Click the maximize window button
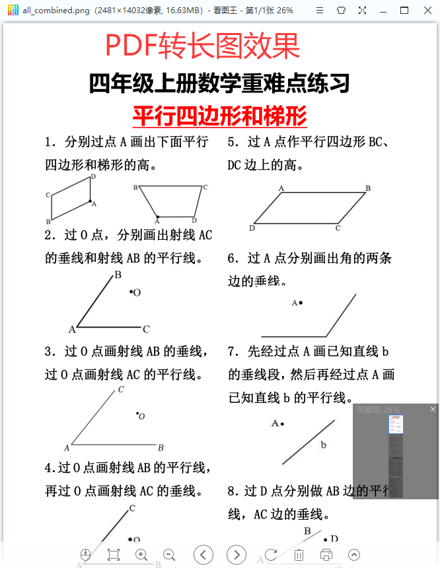[x=404, y=11]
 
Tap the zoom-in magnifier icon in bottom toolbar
[x=141, y=555]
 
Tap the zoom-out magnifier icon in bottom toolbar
[x=169, y=555]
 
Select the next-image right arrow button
[x=237, y=555]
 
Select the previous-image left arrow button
[x=203, y=555]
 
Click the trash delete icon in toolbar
[x=299, y=555]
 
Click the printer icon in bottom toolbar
[x=326, y=555]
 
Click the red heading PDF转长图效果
[x=202, y=46]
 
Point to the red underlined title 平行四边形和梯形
[x=219, y=116]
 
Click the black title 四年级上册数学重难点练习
[x=219, y=84]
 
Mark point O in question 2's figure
[x=131, y=291]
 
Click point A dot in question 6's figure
[x=301, y=302]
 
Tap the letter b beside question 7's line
[x=324, y=445]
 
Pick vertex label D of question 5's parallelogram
[x=252, y=229]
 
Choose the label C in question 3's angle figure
[x=121, y=390]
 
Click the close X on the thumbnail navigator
[x=433, y=409]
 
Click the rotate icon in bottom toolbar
[x=271, y=555]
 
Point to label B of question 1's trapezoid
[x=135, y=188]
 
